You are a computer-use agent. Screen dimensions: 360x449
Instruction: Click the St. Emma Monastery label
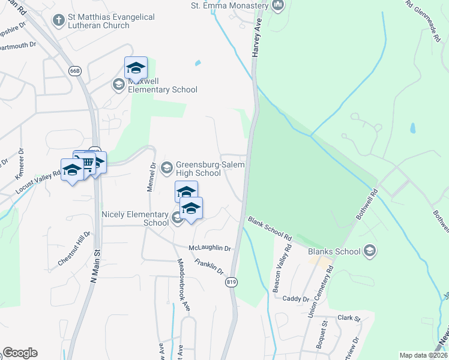(x=229, y=5)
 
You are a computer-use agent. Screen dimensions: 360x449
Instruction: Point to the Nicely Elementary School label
(x=135, y=218)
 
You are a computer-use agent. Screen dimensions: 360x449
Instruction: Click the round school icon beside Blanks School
(x=370, y=250)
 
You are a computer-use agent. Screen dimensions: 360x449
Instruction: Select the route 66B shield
(x=74, y=71)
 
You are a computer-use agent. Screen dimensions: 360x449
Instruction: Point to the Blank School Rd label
(x=270, y=229)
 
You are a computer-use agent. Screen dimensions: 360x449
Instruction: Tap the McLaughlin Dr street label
(x=210, y=248)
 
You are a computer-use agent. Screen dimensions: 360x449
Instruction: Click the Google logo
(x=20, y=352)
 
